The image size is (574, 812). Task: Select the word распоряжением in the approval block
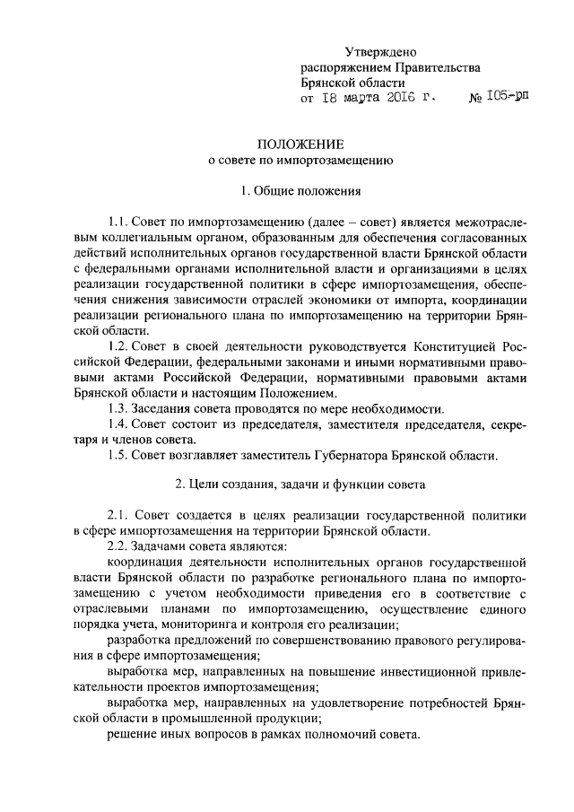click(x=343, y=68)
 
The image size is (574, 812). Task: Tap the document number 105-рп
click(x=509, y=98)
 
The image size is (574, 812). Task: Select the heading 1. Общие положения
click(x=301, y=191)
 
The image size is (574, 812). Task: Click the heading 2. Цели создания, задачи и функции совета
click(x=300, y=485)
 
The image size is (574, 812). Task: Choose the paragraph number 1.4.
click(x=117, y=424)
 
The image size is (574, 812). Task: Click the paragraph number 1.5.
click(x=117, y=455)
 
